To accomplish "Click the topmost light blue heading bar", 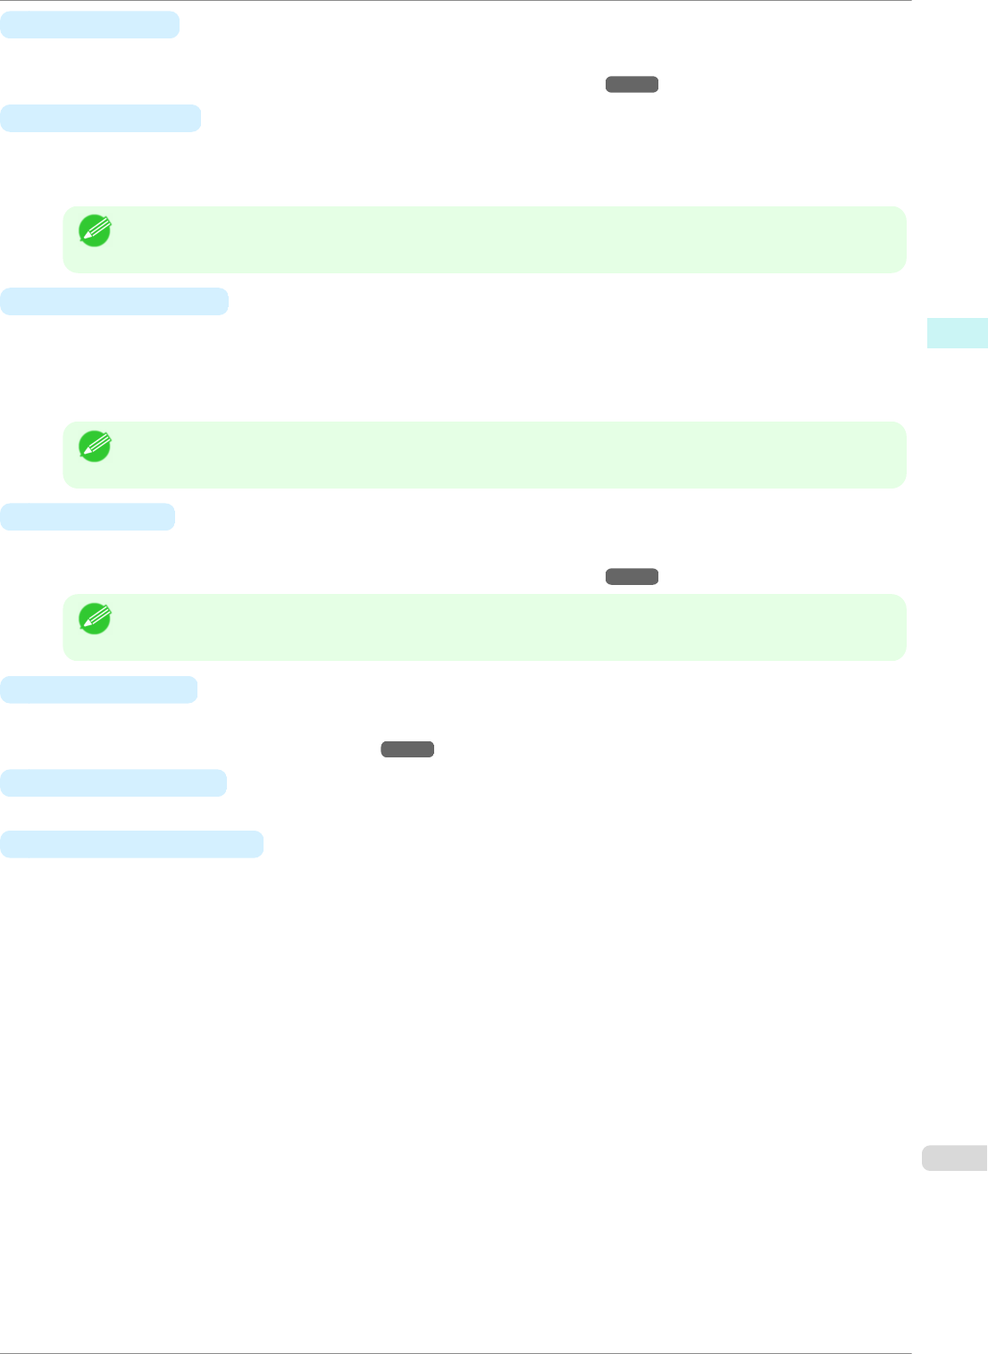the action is click(89, 25).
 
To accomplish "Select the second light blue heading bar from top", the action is click(100, 118).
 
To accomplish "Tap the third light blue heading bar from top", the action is click(113, 301).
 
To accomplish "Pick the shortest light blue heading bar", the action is click(87, 516).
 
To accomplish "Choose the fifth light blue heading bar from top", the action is click(98, 690).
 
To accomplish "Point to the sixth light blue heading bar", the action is click(113, 782).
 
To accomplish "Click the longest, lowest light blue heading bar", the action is click(131, 844).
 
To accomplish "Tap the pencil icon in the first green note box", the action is click(95, 230).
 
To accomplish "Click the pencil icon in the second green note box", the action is click(95, 446).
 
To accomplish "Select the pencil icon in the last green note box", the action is click(95, 619).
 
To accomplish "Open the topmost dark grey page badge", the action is click(632, 85).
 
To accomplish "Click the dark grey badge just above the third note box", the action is click(632, 577).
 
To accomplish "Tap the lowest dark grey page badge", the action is click(407, 749).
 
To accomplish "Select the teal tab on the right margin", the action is click(957, 332).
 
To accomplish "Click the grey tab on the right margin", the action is click(954, 1158).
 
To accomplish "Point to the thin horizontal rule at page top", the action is click(456, 1).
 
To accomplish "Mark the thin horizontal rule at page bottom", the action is click(456, 1352).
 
